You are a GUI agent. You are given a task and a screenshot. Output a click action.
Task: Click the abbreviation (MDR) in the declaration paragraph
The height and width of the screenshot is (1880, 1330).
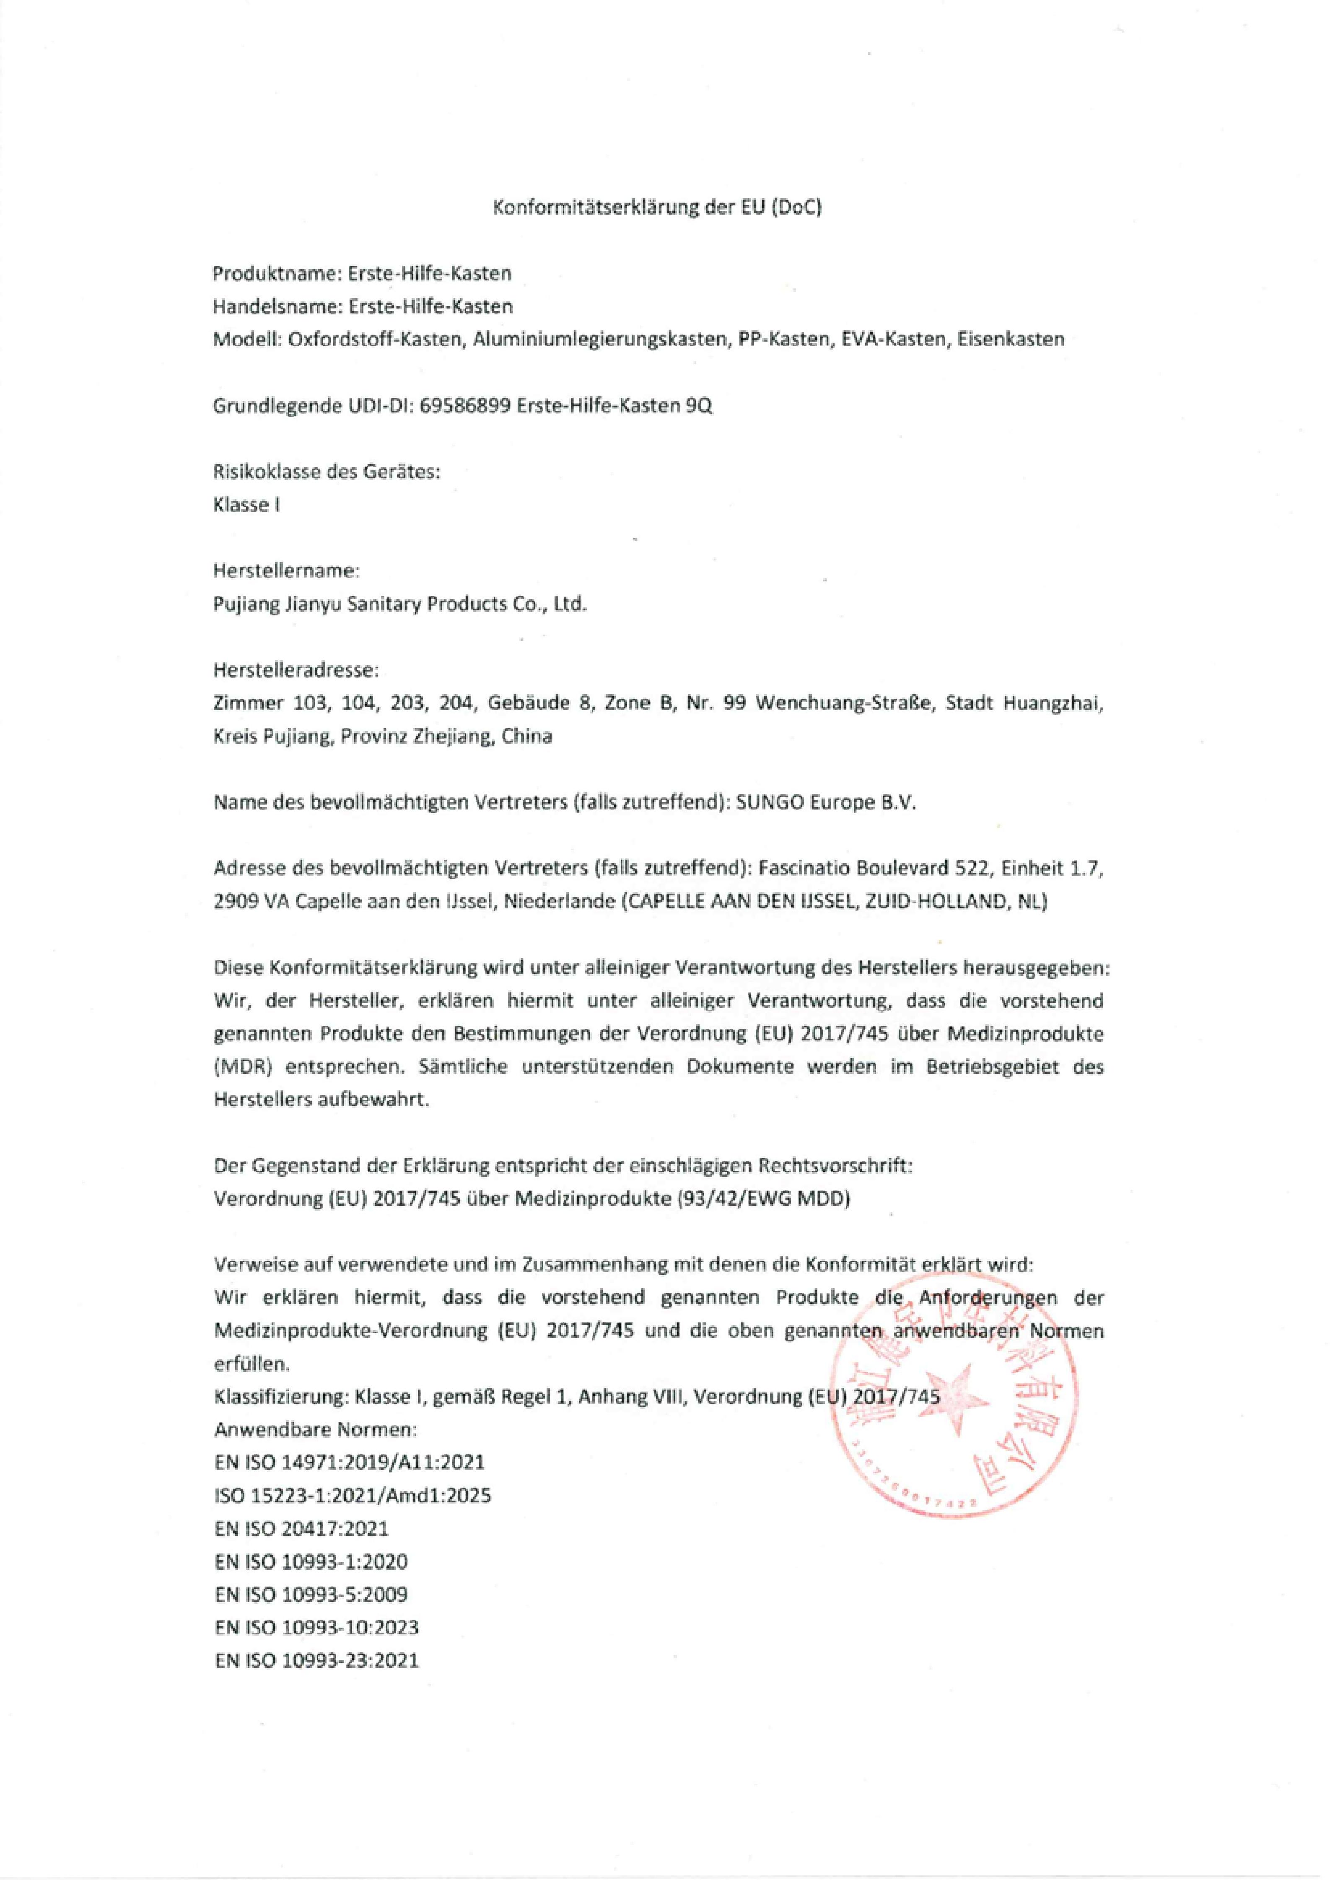tap(238, 1067)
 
